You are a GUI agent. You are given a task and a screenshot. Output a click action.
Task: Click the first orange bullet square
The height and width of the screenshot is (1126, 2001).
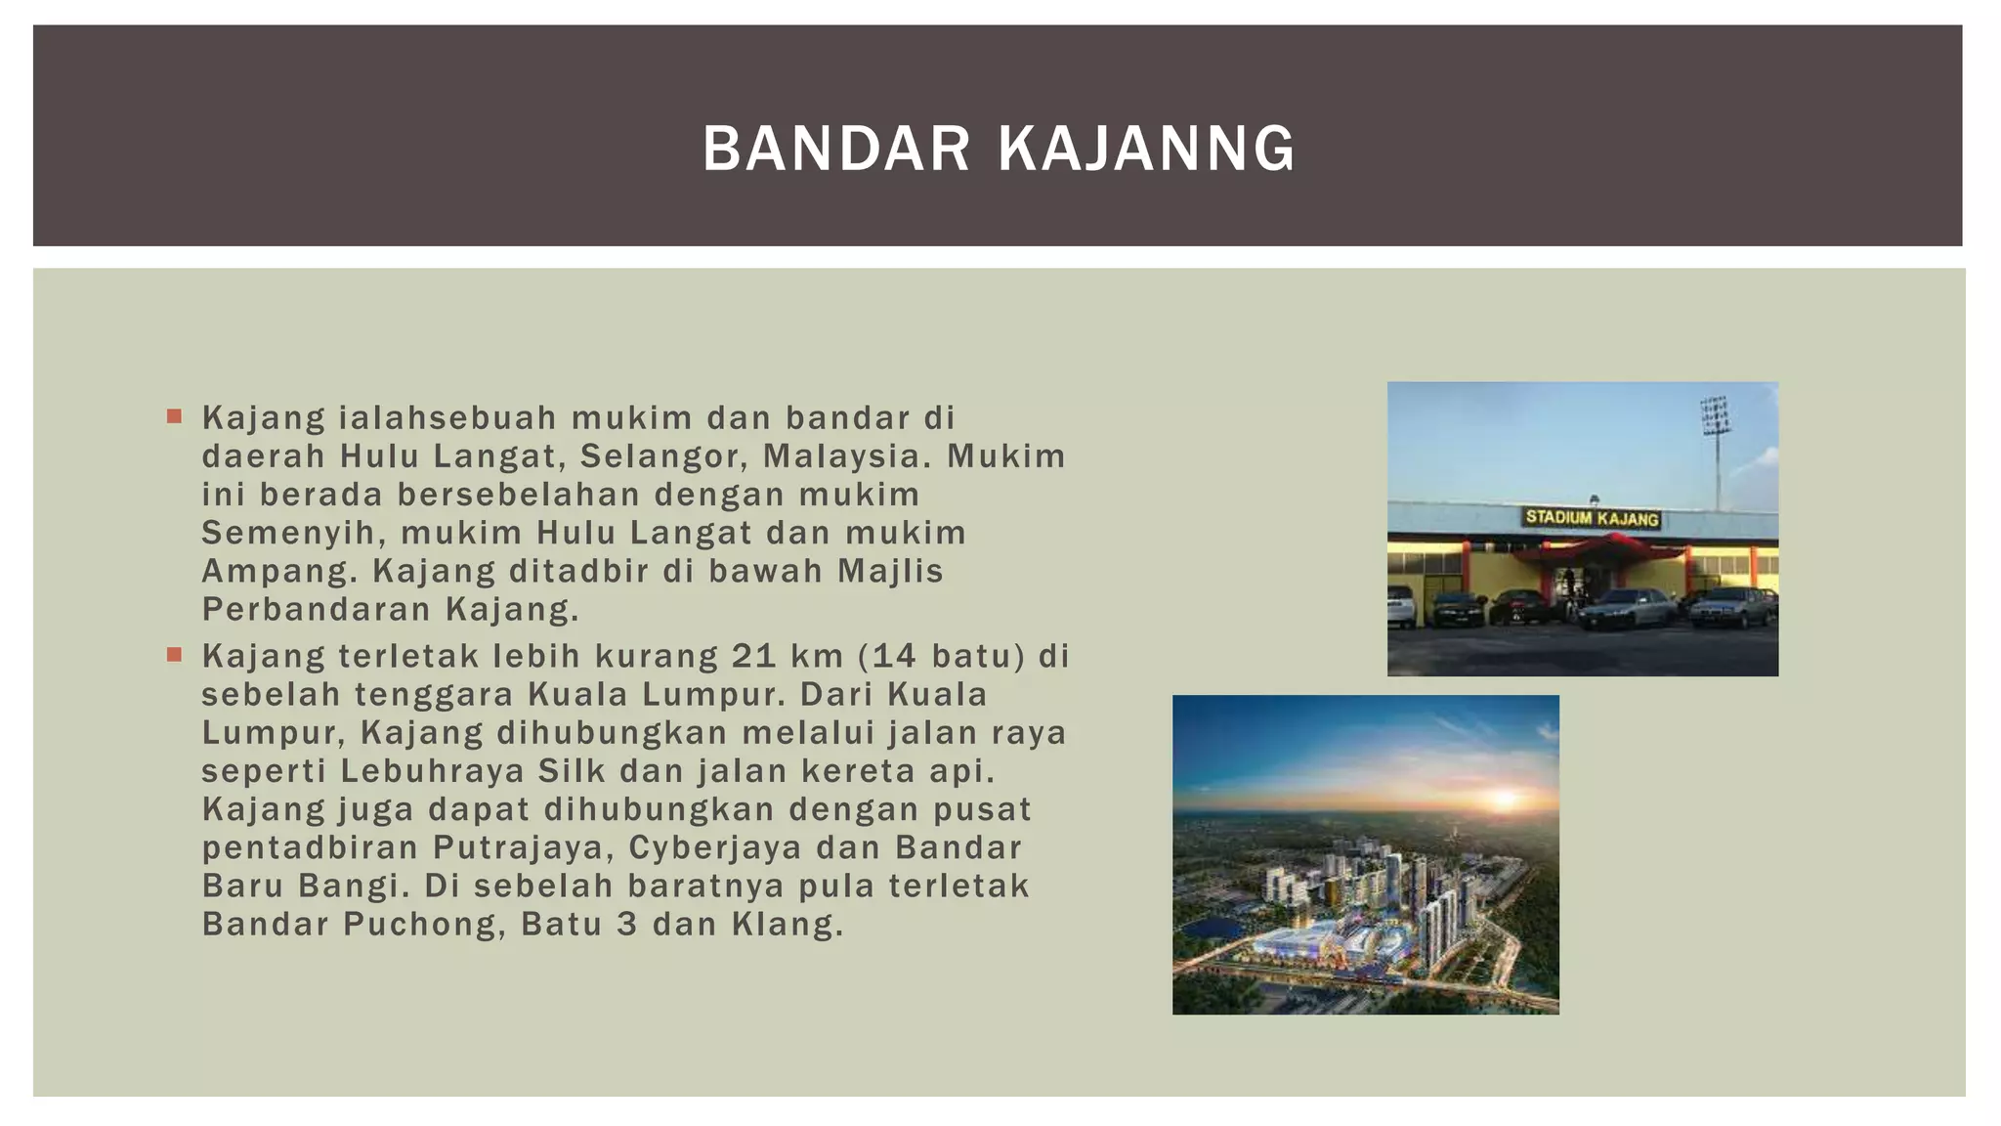[175, 417]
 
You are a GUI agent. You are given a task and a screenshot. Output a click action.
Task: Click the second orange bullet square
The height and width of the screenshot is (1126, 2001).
[175, 655]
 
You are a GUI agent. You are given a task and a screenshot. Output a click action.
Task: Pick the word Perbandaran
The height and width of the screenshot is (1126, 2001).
[316, 610]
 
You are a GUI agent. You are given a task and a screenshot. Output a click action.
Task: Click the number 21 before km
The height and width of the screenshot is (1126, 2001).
[753, 656]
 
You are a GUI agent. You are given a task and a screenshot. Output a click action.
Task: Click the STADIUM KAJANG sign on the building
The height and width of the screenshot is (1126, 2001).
[1593, 518]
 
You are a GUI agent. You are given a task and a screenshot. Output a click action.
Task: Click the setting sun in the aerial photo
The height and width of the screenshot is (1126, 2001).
[1505, 800]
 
